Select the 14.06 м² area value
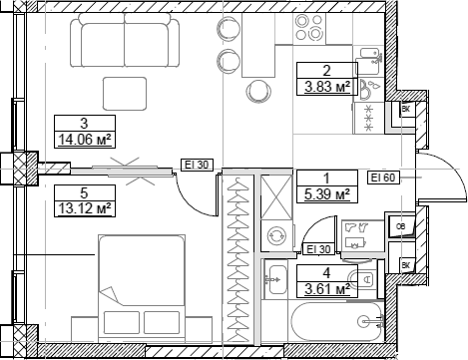point(83,141)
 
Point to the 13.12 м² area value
point(83,208)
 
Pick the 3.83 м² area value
point(326,87)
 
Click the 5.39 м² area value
point(326,194)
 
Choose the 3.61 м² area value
point(326,289)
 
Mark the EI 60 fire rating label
point(383,178)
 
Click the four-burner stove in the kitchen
point(368,108)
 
